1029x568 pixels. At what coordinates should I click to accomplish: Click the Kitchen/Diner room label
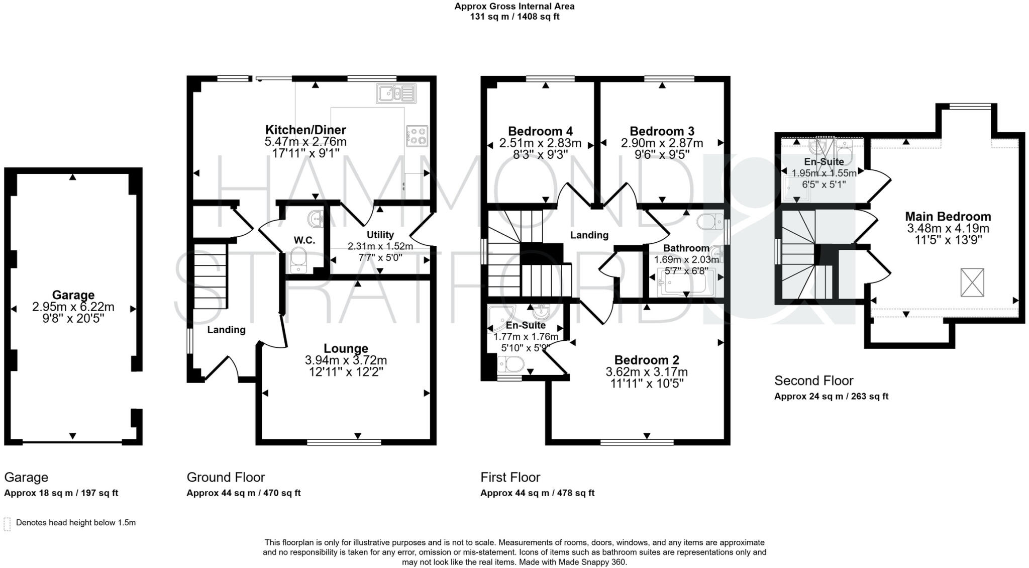(x=305, y=130)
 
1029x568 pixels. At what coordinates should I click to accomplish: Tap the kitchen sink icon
(x=396, y=93)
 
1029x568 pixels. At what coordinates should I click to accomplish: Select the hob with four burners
(x=417, y=136)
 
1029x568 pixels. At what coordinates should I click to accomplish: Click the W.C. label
(x=304, y=240)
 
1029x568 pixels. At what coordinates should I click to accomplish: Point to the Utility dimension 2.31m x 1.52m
(x=380, y=246)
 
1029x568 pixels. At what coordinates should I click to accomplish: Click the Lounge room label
(x=346, y=348)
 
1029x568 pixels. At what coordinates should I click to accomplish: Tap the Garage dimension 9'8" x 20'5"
(x=73, y=318)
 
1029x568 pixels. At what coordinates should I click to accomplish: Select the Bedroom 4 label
(x=540, y=131)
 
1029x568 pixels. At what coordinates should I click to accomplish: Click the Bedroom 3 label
(x=662, y=131)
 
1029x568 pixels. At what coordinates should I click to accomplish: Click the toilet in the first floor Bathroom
(x=710, y=222)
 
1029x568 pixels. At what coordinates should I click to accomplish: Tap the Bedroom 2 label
(x=647, y=360)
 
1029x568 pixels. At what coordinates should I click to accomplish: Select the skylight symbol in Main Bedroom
(x=972, y=282)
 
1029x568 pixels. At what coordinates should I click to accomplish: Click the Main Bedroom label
(x=948, y=217)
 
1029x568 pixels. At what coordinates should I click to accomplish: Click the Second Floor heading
(x=813, y=381)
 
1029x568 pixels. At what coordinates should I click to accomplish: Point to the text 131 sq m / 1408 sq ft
(x=514, y=17)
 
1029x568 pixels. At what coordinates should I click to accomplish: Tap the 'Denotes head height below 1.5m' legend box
(x=7, y=523)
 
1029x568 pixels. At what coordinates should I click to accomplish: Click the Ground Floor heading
(x=226, y=477)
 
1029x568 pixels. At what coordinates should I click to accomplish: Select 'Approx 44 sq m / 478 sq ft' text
(x=537, y=493)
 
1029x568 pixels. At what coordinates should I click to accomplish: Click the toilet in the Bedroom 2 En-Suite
(x=510, y=364)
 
